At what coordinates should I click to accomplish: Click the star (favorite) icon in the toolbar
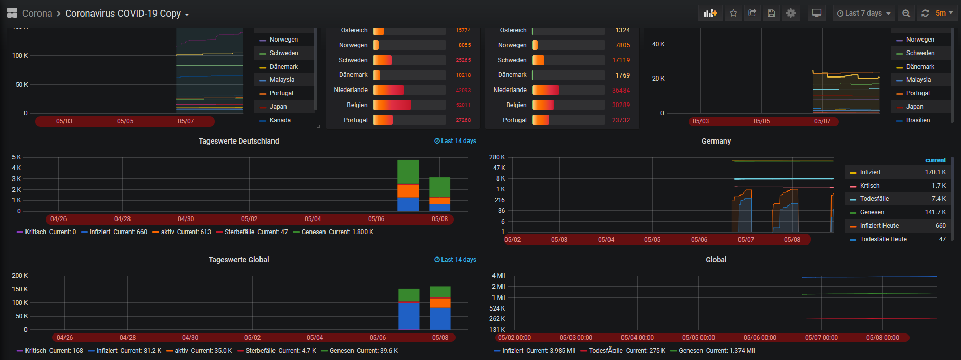(733, 14)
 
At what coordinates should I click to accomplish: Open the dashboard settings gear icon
(790, 14)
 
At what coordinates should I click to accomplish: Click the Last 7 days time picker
(864, 14)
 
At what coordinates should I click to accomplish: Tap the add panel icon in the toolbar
(710, 14)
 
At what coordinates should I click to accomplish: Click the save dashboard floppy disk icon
(771, 14)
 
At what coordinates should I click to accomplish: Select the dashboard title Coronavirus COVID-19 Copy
(123, 14)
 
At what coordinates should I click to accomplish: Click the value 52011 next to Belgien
(463, 105)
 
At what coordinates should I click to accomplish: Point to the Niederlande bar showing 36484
(545, 90)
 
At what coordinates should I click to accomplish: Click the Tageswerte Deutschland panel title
(239, 141)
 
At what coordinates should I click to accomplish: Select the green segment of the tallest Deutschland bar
(408, 172)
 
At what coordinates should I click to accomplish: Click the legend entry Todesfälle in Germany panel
(874, 199)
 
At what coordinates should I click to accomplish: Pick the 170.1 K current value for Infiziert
(935, 172)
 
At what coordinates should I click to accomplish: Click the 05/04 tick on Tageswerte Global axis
(315, 338)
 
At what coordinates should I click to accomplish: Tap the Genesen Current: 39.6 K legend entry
(359, 351)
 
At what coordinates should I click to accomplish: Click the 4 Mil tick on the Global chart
(498, 276)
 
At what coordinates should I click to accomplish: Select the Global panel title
(716, 260)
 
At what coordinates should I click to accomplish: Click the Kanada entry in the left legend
(280, 120)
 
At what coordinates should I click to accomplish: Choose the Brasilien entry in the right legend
(918, 120)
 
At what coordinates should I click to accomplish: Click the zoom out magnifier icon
(906, 14)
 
